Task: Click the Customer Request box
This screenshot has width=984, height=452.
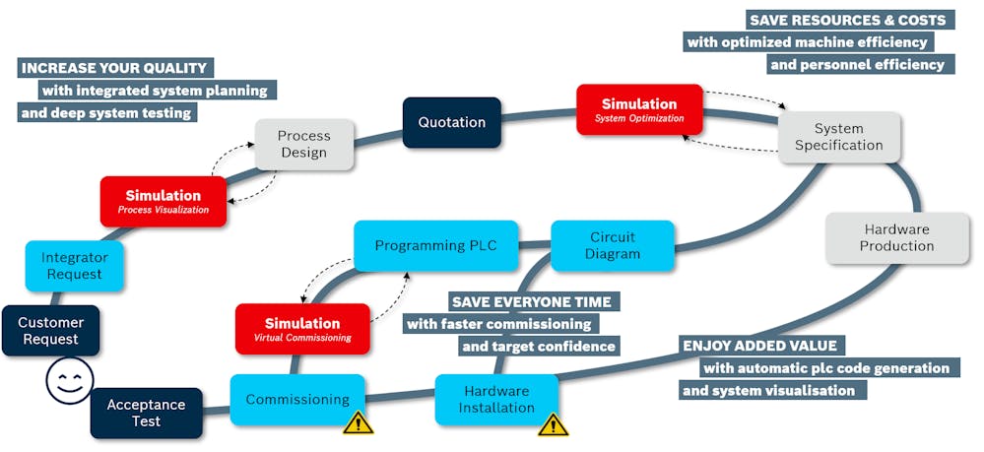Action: (x=50, y=331)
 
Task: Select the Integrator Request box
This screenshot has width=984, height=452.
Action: (x=75, y=266)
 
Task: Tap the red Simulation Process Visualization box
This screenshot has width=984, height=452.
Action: (x=163, y=202)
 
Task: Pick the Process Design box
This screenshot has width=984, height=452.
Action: (x=303, y=145)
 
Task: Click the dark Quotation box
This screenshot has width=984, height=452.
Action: (x=452, y=122)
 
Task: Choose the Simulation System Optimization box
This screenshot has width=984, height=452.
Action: (x=639, y=109)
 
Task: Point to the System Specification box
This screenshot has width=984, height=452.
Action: (x=839, y=137)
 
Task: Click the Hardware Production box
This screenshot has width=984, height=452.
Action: (x=896, y=237)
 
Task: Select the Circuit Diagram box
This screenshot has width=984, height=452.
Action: (x=613, y=245)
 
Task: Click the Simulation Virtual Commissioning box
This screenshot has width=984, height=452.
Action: (x=302, y=329)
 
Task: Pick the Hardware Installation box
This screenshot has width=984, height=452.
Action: (x=496, y=399)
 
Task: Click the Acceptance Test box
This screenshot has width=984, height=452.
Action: (x=147, y=413)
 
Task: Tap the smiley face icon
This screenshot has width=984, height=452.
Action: (x=69, y=381)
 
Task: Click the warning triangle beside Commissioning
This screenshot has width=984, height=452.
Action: (x=358, y=422)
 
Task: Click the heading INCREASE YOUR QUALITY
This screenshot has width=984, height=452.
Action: (x=114, y=68)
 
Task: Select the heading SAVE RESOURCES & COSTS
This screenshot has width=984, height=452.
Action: (x=847, y=20)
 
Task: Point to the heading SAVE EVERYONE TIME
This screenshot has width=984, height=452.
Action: (x=531, y=301)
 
